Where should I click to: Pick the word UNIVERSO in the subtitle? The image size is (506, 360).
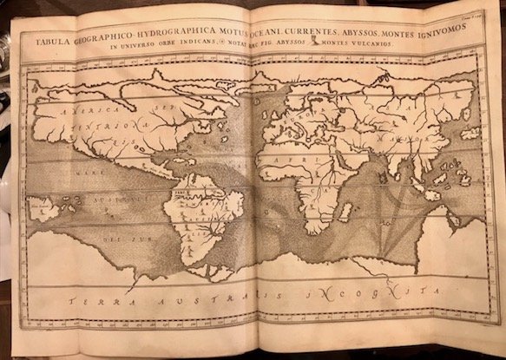(144, 51)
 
